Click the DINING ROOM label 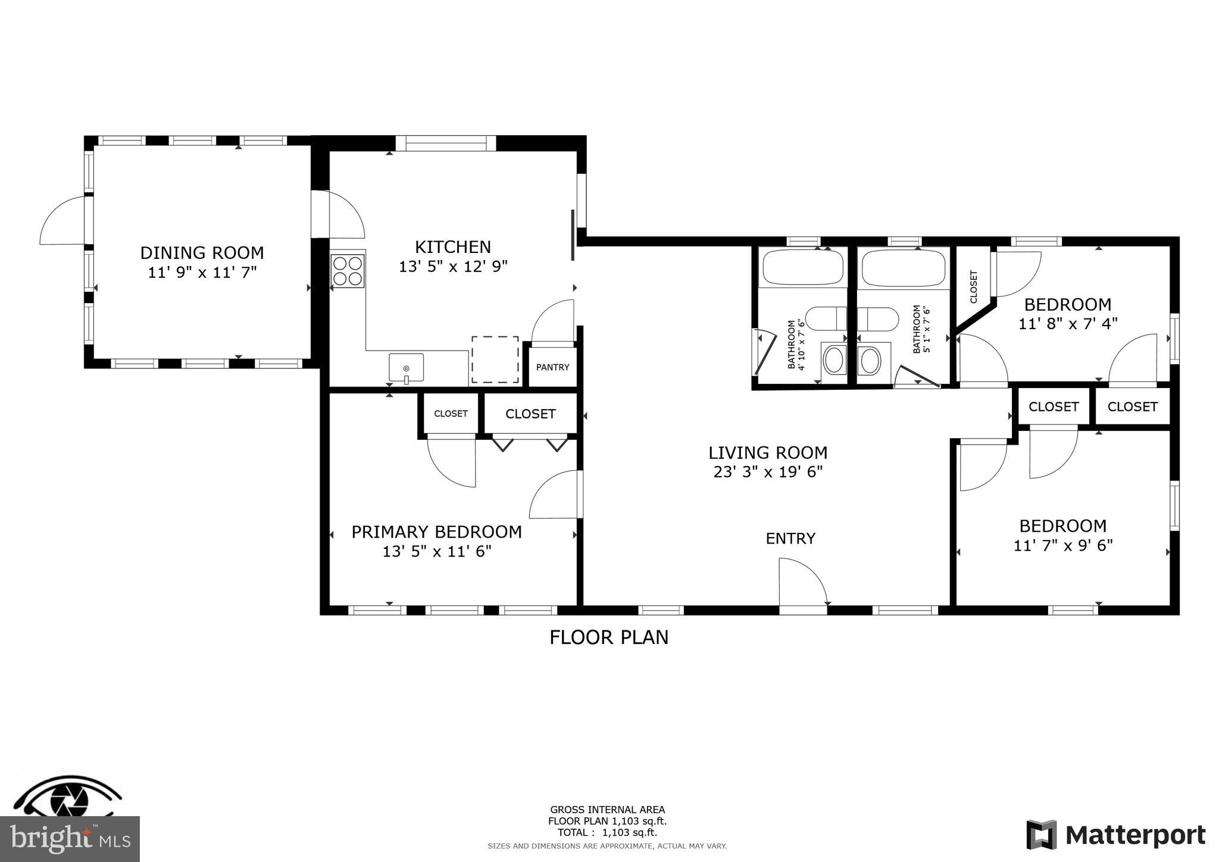point(202,253)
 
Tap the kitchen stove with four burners point(348,271)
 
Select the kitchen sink point(407,367)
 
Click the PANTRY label point(552,367)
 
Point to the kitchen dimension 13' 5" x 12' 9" point(453,267)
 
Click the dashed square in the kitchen point(495,360)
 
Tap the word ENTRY point(790,539)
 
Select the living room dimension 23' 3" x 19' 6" point(768,472)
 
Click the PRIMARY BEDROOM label point(436,532)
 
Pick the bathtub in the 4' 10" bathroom point(803,267)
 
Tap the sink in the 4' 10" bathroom point(833,360)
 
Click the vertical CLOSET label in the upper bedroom point(974,286)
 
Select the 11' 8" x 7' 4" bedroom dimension point(1068,324)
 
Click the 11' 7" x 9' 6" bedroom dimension point(1063,546)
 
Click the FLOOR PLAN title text point(609,638)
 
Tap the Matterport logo point(1115,835)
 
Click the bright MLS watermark point(70,839)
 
